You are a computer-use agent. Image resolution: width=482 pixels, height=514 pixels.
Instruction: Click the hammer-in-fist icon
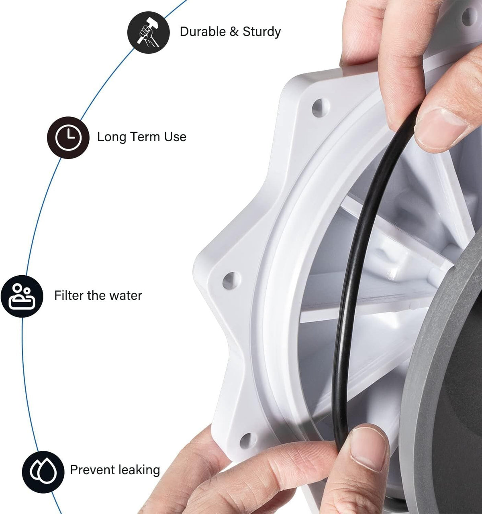[x=148, y=33]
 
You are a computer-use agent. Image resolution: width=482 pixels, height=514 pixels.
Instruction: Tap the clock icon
[x=68, y=138]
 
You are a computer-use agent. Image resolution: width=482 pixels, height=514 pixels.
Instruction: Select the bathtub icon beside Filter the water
[x=22, y=297]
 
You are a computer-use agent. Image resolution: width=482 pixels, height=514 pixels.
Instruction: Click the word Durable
[x=203, y=32]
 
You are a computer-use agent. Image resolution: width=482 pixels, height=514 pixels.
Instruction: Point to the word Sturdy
[x=261, y=32]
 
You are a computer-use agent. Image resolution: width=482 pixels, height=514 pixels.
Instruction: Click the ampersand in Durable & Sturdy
[x=234, y=32]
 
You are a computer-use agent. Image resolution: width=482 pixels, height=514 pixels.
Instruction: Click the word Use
[x=175, y=137]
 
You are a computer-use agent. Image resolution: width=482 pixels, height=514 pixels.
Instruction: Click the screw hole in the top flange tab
[x=321, y=108]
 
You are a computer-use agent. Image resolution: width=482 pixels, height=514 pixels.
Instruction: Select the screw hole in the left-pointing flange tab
[x=231, y=281]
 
